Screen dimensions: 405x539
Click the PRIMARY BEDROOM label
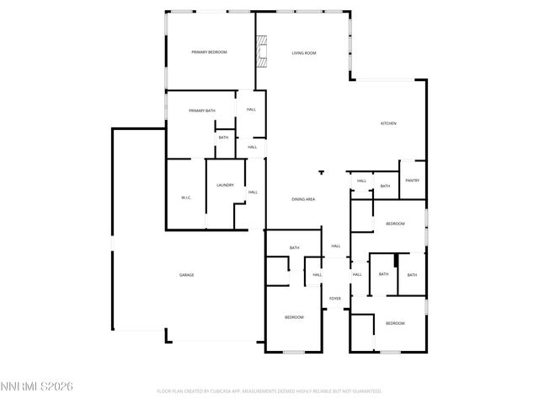click(x=210, y=53)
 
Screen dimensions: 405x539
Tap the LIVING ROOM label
click(x=304, y=53)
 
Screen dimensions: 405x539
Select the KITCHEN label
click(x=388, y=124)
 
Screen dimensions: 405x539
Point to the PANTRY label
click(x=412, y=181)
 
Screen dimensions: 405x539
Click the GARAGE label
click(x=186, y=276)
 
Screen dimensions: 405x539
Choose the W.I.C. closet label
click(x=186, y=197)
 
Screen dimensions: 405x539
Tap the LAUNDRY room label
click(x=225, y=186)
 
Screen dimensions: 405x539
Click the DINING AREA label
click(x=303, y=199)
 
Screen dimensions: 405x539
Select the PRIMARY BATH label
click(x=202, y=111)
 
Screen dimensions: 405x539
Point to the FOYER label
click(x=335, y=299)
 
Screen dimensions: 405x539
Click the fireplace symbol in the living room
click(x=262, y=51)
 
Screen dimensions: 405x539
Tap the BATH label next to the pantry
click(x=385, y=186)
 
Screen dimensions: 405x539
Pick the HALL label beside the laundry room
click(x=253, y=192)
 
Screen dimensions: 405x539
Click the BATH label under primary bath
click(x=223, y=138)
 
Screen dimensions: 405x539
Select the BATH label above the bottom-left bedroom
click(x=295, y=248)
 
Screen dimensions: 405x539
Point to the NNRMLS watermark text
click(x=37, y=386)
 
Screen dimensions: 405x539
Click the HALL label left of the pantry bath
click(x=361, y=181)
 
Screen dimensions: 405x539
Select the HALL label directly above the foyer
click(x=335, y=246)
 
